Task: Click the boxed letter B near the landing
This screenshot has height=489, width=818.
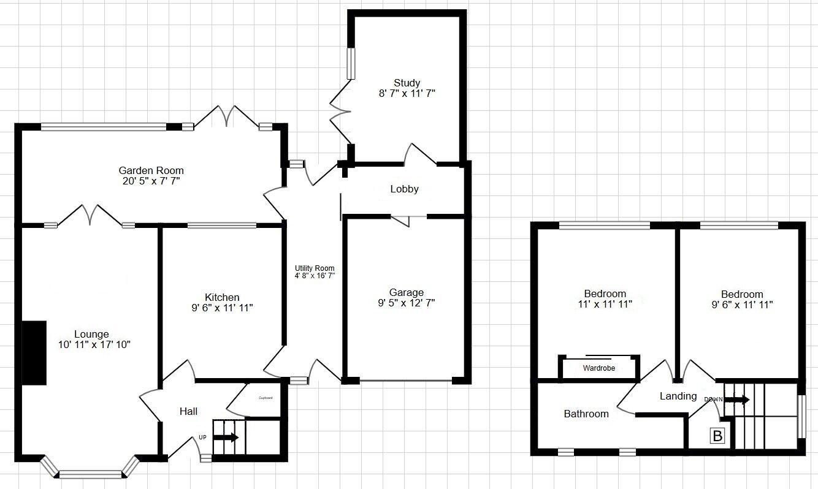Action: (x=717, y=436)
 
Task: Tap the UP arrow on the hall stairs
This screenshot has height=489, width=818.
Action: (x=226, y=438)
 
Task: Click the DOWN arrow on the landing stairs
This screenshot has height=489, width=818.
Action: (x=736, y=400)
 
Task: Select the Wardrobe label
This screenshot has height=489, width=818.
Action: (x=598, y=368)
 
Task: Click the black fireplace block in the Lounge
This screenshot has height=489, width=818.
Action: (x=34, y=353)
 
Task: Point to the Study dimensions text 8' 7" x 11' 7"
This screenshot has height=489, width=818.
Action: (x=407, y=94)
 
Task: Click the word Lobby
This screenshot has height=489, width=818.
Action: (x=405, y=189)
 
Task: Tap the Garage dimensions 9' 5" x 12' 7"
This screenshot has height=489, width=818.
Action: (x=407, y=303)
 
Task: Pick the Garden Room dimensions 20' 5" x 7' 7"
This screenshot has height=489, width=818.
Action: (x=151, y=181)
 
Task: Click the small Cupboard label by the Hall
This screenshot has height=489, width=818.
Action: (x=265, y=398)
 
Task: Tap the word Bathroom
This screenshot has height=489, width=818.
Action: (x=586, y=414)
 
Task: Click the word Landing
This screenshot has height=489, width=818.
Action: (x=678, y=396)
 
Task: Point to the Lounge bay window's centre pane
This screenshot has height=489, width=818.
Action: (x=90, y=473)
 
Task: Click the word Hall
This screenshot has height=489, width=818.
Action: (x=188, y=411)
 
